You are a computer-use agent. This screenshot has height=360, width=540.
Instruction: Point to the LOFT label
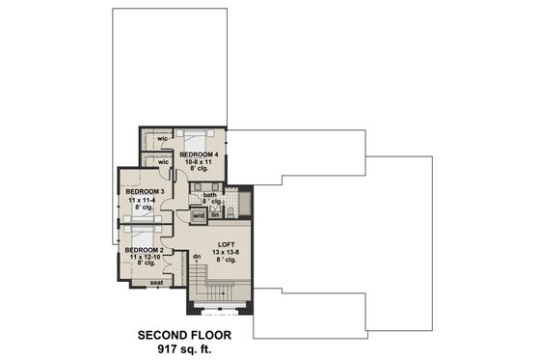[x=227, y=245]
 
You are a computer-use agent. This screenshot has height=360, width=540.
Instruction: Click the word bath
[x=209, y=196]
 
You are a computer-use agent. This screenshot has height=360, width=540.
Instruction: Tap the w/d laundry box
[x=198, y=215]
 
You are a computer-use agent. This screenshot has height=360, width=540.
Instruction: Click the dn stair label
[x=196, y=257]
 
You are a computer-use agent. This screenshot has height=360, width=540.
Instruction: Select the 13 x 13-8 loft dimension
[x=227, y=254]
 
